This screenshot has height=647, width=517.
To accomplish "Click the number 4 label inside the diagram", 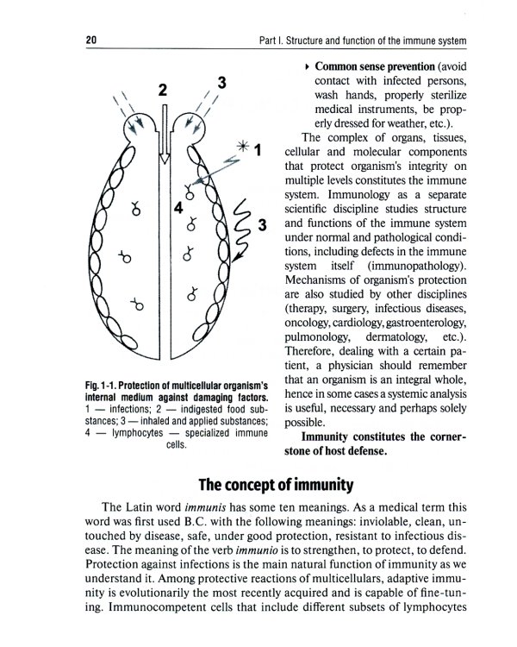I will click(x=178, y=208).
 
